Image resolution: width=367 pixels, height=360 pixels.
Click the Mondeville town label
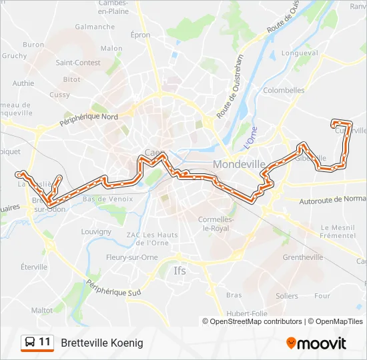click(239, 164)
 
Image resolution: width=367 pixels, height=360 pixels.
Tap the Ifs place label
click(180, 271)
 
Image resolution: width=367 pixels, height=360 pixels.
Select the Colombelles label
click(284, 90)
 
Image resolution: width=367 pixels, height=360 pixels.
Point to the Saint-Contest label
click(78, 63)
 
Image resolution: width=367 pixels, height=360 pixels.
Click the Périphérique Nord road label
click(89, 120)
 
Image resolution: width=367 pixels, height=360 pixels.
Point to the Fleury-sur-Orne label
click(129, 257)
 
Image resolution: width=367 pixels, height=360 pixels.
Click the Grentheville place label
click(303, 257)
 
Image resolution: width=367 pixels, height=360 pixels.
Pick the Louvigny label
click(96, 231)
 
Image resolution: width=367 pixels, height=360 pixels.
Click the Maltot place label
click(41, 310)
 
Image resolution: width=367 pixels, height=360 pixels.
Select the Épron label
click(141, 35)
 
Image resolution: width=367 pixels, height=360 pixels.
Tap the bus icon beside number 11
click(30, 343)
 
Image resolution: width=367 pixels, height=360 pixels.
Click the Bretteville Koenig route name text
click(102, 343)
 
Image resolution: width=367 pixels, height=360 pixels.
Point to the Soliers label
click(287, 295)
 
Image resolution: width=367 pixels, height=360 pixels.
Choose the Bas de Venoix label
click(107, 199)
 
